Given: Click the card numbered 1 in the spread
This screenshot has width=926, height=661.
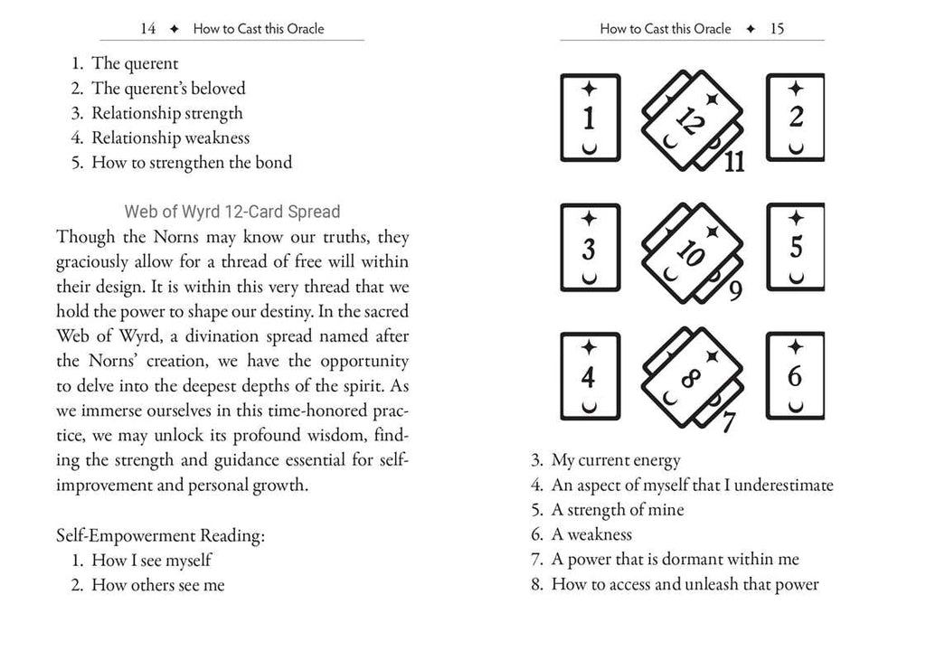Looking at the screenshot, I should click(x=590, y=118).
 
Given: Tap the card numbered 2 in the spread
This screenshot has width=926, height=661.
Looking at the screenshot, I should click(x=796, y=118).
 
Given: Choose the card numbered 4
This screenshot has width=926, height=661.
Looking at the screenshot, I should click(x=590, y=376).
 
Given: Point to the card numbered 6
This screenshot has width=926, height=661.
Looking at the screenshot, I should click(x=796, y=376).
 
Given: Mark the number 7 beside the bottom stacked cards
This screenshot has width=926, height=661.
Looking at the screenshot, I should click(x=729, y=420).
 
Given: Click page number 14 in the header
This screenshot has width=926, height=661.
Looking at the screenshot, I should click(x=148, y=29).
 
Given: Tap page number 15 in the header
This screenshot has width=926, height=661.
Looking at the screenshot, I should click(x=777, y=29).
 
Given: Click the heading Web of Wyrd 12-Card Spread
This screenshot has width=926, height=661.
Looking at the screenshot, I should click(x=232, y=212).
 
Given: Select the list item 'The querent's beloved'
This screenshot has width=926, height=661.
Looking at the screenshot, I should click(x=168, y=89).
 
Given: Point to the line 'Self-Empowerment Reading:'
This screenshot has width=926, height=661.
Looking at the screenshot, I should click(x=160, y=535).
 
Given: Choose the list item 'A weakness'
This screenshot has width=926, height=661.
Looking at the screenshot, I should click(x=591, y=534).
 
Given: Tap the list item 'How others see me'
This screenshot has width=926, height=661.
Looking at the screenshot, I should click(x=157, y=585).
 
